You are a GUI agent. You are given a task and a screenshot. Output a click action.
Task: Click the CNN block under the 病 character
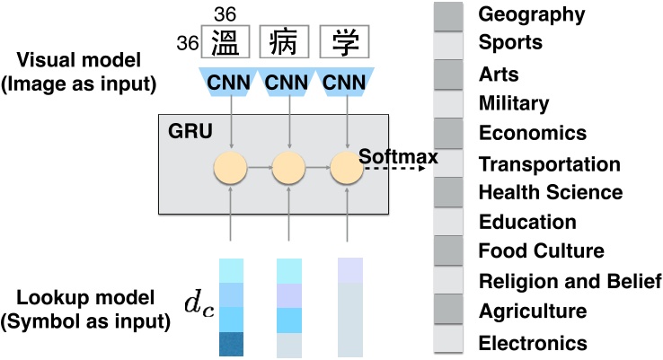[x=288, y=82]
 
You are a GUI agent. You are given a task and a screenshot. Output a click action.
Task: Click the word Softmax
[x=397, y=157]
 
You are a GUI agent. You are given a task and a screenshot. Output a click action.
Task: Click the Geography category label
[x=532, y=14]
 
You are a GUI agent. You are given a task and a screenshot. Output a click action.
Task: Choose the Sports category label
[x=511, y=43]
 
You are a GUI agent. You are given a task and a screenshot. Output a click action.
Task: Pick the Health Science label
[x=551, y=192]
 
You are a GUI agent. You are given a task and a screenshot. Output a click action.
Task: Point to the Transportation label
[x=550, y=164]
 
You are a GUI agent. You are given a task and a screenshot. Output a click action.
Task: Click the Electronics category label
[x=533, y=343]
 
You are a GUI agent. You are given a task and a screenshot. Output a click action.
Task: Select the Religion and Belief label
[x=570, y=283]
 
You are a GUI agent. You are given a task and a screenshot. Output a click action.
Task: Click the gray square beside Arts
[x=448, y=74]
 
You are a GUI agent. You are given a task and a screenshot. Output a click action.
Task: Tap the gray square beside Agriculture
[x=448, y=311]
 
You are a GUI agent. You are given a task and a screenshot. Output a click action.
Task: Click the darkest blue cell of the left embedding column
[x=233, y=344]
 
